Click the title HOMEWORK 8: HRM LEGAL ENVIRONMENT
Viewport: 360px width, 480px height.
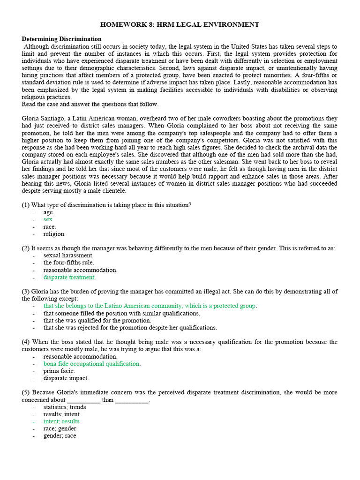180,24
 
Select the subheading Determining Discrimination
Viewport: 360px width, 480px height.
61,39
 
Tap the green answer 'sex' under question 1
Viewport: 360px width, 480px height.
48,219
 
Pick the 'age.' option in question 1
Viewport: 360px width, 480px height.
49,212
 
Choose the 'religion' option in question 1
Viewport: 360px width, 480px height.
54,234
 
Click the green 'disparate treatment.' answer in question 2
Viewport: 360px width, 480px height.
69,277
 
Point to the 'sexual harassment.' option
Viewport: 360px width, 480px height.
68,255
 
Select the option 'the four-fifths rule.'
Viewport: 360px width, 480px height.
69,262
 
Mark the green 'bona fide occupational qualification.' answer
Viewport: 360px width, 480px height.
92,364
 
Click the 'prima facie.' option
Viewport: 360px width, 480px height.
59,371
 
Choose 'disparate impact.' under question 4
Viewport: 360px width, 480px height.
66,378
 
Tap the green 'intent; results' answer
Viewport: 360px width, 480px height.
61,421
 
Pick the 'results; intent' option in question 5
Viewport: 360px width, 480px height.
61,414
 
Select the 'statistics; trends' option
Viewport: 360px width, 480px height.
65,407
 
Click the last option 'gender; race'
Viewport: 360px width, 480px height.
60,435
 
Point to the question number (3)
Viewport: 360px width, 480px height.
26,292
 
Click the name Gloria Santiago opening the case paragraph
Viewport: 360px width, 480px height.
43,119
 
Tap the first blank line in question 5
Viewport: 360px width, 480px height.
83,400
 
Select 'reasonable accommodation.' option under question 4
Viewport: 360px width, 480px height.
81,357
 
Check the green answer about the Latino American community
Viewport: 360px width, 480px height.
150,306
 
